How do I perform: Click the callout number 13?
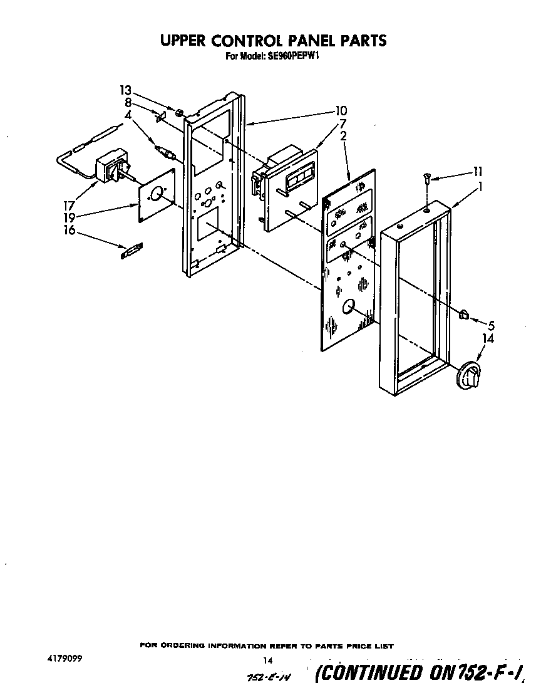[x=126, y=90]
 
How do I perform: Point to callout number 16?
[x=70, y=231]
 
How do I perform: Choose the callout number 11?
[x=478, y=171]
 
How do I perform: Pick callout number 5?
[x=491, y=325]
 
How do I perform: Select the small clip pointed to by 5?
[x=464, y=314]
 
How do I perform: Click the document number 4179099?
[x=64, y=659]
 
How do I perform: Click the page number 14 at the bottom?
[x=269, y=660]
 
